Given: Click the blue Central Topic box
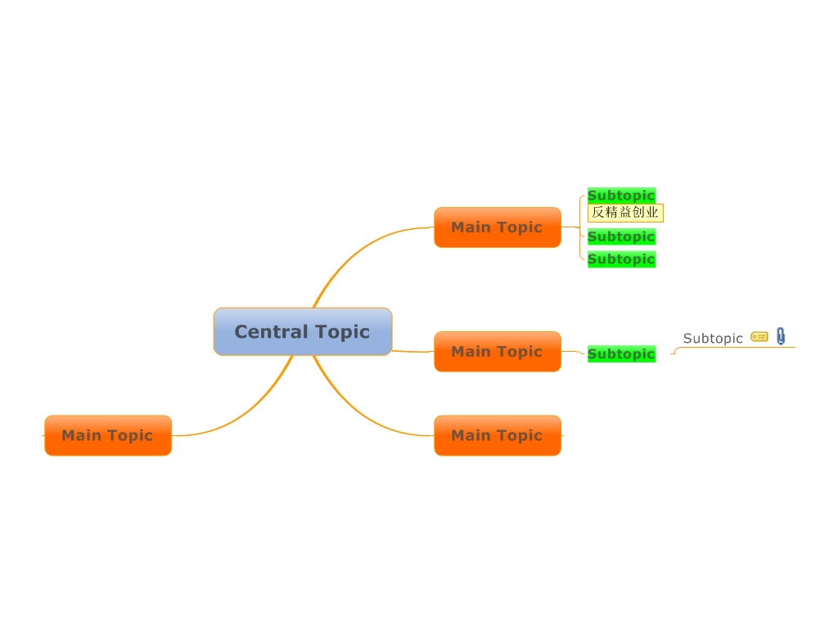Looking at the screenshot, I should click(x=303, y=331).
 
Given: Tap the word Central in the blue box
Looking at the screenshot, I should click(x=267, y=331).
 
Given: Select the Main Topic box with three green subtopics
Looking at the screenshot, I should click(x=497, y=227).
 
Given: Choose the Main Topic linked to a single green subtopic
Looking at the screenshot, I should click(x=497, y=352).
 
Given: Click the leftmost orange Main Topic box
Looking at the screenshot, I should click(x=107, y=435).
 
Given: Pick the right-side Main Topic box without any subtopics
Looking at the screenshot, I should click(x=497, y=435).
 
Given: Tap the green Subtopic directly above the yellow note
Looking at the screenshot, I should click(x=621, y=196).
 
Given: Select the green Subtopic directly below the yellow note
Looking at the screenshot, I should click(x=621, y=236).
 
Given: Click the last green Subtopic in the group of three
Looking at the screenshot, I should click(x=621, y=259).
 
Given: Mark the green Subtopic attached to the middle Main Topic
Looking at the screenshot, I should click(x=621, y=354).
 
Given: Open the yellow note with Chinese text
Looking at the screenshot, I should click(x=625, y=213).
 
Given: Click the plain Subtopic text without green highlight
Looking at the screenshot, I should click(x=713, y=338).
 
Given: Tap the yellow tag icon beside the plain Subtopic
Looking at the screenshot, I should click(x=759, y=336).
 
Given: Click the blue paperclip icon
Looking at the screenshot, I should click(x=781, y=336).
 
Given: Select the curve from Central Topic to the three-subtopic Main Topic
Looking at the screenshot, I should click(x=344, y=254).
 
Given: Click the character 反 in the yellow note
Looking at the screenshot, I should click(x=598, y=213).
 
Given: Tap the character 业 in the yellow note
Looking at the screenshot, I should click(x=652, y=213).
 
